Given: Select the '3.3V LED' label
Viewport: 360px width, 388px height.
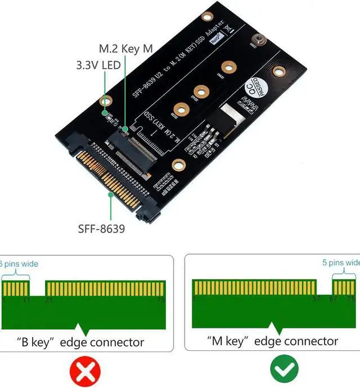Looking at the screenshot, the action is pyautogui.click(x=98, y=65).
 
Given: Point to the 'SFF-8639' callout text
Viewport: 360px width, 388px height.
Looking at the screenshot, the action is pyautogui.click(x=102, y=229).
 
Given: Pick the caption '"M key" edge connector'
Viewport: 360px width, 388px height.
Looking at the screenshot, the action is pyautogui.click(x=272, y=341).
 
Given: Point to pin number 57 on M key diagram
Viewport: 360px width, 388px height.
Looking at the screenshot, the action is pyautogui.click(x=316, y=300).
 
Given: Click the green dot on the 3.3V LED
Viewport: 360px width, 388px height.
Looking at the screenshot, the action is pyautogui.click(x=105, y=113).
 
